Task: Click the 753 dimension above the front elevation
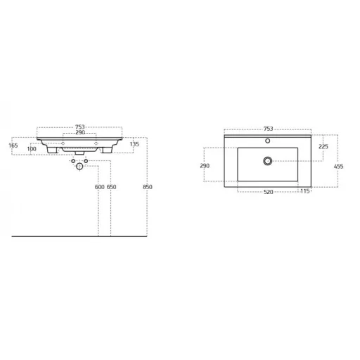[80, 127]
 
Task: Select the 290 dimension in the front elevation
[80, 133]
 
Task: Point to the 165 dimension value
[13, 146]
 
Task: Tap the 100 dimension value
[32, 149]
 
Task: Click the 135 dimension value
[134, 144]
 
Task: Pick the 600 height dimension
[100, 187]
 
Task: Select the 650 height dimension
[112, 187]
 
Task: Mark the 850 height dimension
[148, 187]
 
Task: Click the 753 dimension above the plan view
[269, 129]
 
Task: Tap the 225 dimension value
[323, 147]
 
